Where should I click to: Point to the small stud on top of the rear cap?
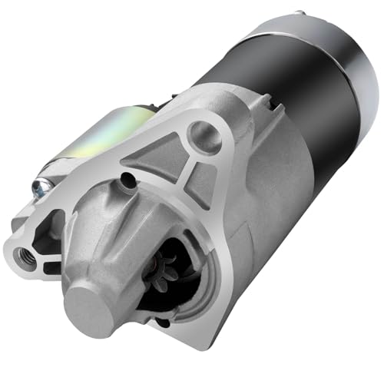click(x=298, y=14)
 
